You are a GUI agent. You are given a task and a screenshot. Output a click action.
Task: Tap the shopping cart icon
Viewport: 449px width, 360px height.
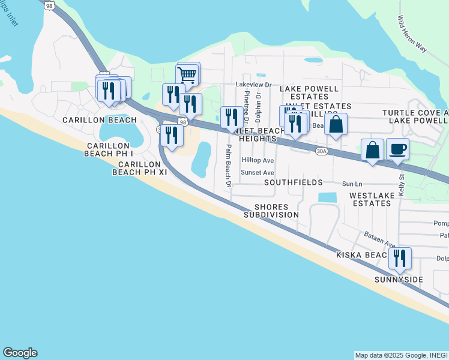(187, 75)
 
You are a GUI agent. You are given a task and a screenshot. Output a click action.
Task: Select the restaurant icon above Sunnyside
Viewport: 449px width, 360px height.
(399, 259)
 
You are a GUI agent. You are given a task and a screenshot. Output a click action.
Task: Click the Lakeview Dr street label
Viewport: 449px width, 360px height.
(254, 85)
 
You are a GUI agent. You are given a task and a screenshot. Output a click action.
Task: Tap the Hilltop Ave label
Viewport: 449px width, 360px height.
(258, 161)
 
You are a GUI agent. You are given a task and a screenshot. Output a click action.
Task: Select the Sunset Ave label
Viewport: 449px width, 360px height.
(258, 172)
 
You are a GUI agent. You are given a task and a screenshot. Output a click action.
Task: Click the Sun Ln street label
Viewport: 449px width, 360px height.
(352, 184)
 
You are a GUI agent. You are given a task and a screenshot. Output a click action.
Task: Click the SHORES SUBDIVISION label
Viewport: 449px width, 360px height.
(271, 210)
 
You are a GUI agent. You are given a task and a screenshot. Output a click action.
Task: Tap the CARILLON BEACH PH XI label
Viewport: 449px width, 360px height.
(139, 168)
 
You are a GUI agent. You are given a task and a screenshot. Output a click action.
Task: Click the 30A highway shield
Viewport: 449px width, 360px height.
(321, 152)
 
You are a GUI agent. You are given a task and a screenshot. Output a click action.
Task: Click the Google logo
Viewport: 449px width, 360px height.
(20, 353)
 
